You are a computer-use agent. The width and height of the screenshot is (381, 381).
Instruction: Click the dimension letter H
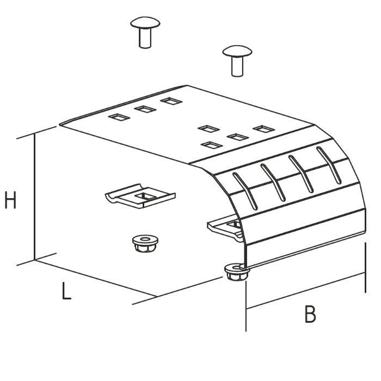coord(10,200)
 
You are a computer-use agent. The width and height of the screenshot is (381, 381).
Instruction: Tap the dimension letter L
coord(66,291)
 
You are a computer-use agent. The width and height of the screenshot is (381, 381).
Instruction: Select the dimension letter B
coord(310,314)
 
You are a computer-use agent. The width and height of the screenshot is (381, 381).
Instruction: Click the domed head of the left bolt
coord(145,23)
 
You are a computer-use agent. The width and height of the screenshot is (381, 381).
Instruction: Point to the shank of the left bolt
coord(145,38)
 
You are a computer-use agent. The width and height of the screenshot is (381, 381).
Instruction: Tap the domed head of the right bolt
coord(237,51)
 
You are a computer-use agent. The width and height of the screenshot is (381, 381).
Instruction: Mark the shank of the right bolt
coord(237,66)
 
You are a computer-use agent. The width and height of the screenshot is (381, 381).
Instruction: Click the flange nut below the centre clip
coord(145,243)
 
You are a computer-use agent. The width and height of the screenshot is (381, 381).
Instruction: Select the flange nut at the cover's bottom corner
coord(237,272)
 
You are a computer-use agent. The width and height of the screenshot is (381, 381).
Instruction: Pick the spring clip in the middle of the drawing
coord(140,196)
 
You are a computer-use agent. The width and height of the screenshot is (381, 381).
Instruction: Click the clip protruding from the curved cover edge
coord(225,228)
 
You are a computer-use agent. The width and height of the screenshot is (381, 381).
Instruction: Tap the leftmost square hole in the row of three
coord(119,118)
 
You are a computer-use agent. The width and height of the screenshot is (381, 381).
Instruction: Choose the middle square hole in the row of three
coord(145,109)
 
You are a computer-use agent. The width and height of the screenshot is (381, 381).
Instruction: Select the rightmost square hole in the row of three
coord(171,101)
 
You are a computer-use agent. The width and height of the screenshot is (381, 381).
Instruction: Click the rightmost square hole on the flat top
coord(264,129)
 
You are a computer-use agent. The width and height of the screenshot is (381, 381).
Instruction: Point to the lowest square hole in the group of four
coord(212,145)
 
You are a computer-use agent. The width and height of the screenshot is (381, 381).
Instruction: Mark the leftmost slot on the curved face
coord(245,191)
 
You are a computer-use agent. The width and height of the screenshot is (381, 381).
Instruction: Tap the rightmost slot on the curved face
coord(329,165)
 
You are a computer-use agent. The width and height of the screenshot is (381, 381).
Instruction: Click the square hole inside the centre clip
coord(145,195)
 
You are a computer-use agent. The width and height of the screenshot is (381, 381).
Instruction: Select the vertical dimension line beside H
coord(35,196)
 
